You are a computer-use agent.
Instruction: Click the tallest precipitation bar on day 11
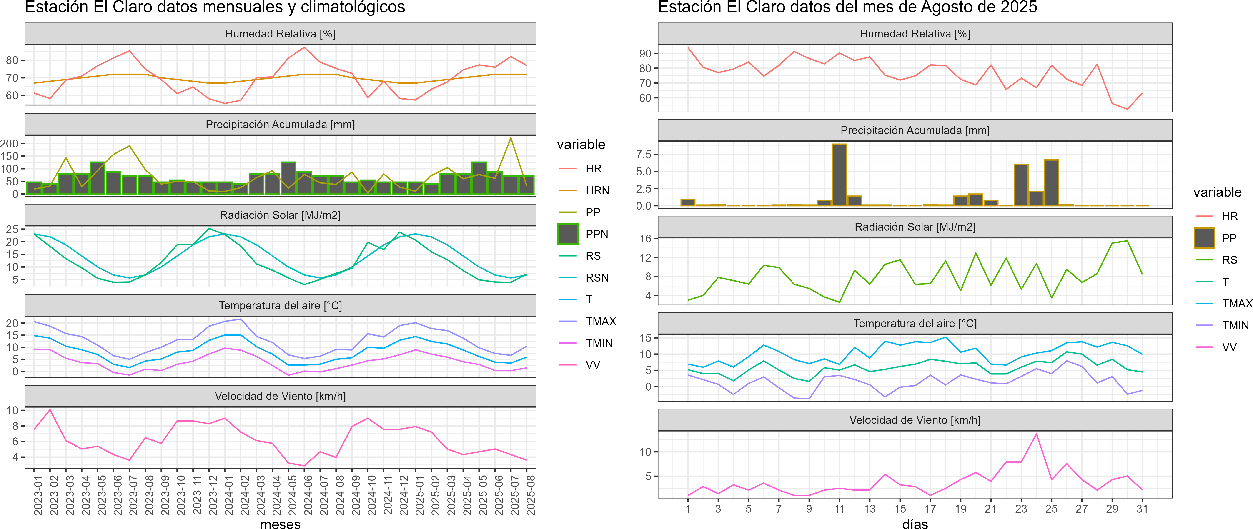839,175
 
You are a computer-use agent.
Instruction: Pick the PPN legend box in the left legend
568,234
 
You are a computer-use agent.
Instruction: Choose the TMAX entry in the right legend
1237,304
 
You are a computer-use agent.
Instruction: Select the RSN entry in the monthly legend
597,278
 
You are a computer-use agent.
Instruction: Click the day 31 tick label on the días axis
1142,509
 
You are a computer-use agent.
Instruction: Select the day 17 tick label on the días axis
930,509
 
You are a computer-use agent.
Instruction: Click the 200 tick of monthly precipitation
9,143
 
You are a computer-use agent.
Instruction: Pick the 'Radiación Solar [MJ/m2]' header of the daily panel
915,227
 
